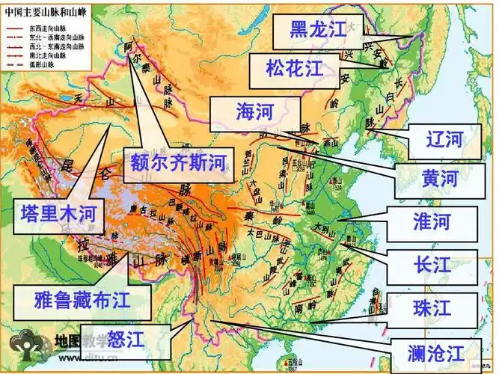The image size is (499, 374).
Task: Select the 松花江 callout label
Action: (x=294, y=69)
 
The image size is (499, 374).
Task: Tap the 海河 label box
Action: (x=255, y=112)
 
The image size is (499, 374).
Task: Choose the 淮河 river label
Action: (x=432, y=222)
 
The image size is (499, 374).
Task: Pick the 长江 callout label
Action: (x=432, y=265)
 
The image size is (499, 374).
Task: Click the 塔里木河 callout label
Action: (x=59, y=213)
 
